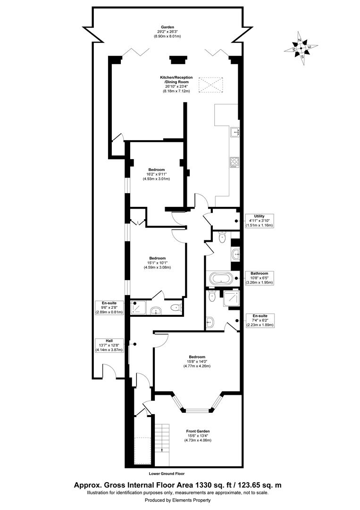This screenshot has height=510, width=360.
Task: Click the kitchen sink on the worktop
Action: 234,132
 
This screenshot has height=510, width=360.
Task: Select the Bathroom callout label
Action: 259,278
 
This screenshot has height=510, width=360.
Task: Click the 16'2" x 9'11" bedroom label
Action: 156,174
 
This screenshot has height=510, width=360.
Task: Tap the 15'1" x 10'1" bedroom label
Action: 157,263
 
